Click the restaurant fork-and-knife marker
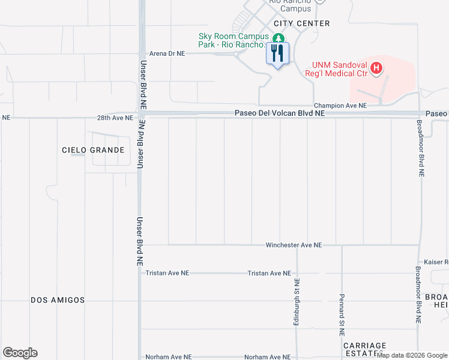(277, 54)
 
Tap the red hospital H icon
(376, 68)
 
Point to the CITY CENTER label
(302, 23)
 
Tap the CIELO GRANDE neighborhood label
(93, 150)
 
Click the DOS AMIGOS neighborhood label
(58, 300)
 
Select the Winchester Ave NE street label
(294, 245)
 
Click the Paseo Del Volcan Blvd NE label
(280, 113)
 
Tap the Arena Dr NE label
(167, 53)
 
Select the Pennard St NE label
(342, 306)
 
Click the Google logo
(20, 353)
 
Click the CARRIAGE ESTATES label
(365, 350)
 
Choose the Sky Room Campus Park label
(232, 40)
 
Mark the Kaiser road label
(436, 262)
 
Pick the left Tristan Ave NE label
(167, 273)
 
